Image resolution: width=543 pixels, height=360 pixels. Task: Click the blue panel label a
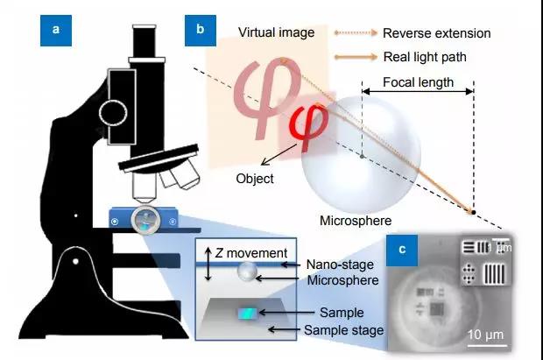coord(56,31)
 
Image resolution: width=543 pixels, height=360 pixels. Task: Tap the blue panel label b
coord(201,31)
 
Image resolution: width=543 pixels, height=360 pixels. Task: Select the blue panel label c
coord(402,251)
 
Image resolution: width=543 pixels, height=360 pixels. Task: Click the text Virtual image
coord(277,32)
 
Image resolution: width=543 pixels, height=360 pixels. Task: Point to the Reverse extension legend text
coord(437,33)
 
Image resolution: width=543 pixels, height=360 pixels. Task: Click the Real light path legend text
coord(425,57)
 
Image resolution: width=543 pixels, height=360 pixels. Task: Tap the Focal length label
coord(418,82)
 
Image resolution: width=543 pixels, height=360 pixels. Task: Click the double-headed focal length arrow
coord(418,91)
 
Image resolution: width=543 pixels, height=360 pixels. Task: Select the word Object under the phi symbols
coord(255,179)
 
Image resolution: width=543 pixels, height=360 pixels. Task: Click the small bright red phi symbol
coord(309,127)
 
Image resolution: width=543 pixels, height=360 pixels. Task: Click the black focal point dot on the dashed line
coord(474,212)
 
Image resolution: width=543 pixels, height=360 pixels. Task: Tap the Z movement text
coord(251,253)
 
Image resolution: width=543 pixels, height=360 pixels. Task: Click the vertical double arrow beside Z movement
coord(208,264)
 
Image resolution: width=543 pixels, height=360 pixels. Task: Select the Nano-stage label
coord(340,265)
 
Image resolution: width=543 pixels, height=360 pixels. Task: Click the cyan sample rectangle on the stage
coord(248,314)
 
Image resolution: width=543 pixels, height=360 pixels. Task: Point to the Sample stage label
coord(344,330)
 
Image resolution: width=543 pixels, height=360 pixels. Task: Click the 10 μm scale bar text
coord(485,335)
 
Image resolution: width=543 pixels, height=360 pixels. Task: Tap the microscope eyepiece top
coord(144,27)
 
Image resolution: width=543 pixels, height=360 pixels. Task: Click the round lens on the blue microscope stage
coord(145,220)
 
